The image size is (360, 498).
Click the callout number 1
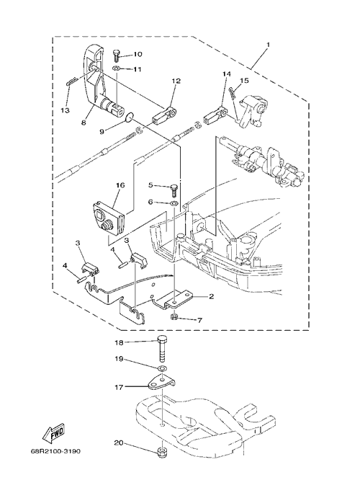click(268, 45)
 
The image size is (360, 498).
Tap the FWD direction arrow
click(54, 433)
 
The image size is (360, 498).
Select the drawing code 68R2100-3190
click(56, 451)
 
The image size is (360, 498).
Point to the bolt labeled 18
click(162, 349)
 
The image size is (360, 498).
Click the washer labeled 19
click(162, 368)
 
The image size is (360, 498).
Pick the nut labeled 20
click(162, 452)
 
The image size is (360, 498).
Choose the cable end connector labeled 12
click(164, 115)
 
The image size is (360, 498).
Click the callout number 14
click(227, 74)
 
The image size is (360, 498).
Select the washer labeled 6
click(174, 203)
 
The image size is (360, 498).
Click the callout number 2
click(212, 297)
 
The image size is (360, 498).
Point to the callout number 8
click(84, 123)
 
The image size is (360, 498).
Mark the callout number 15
click(244, 81)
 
